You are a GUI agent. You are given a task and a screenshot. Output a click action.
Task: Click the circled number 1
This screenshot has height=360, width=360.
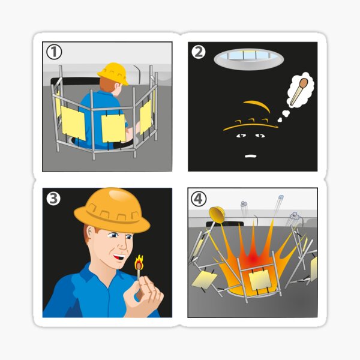click(55, 53)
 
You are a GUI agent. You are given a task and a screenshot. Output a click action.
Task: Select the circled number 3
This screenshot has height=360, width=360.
click(53, 198)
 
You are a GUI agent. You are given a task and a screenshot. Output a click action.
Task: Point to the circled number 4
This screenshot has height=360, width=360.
click(199, 199)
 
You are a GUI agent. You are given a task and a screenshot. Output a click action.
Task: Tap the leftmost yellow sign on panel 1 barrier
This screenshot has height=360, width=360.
click(73, 123)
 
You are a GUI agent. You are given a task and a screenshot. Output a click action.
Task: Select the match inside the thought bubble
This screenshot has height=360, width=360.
click(300, 89)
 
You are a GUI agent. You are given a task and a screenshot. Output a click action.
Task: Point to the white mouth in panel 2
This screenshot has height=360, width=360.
click(251, 155)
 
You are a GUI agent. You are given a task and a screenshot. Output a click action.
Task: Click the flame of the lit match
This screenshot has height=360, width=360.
click(139, 262)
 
